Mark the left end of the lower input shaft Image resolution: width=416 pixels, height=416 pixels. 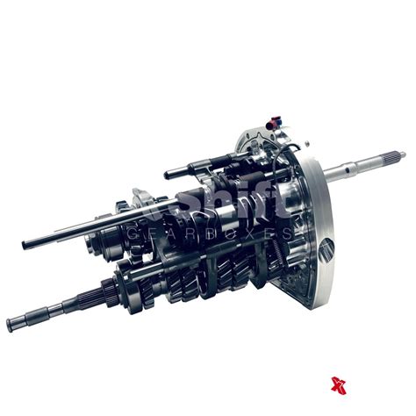click(x=11, y=326)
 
